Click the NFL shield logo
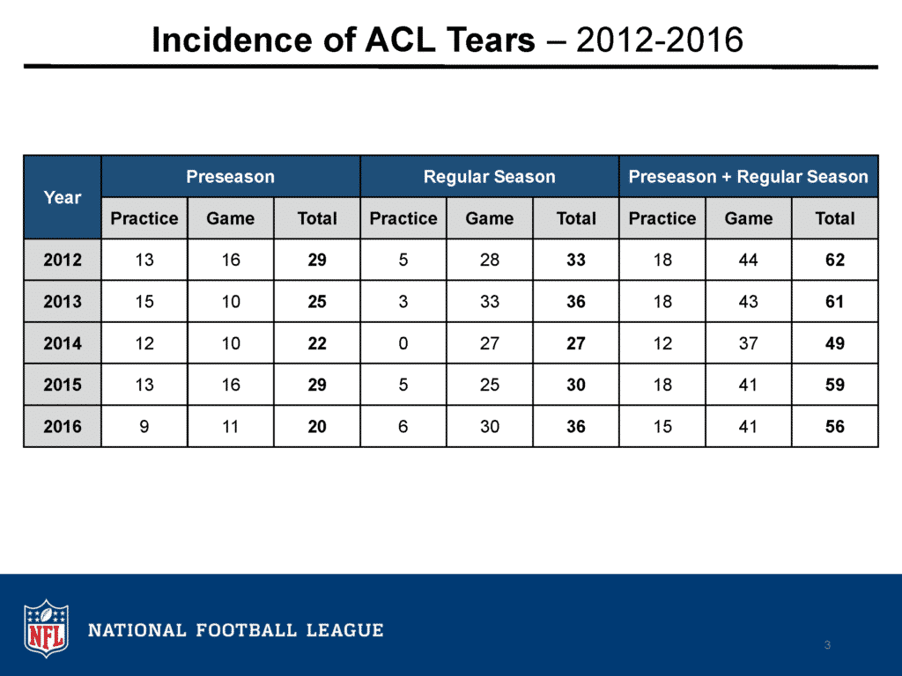46,628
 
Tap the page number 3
827,645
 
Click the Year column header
63,197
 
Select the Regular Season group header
489,177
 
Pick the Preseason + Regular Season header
748,177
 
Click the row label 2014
63,343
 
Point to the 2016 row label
63,426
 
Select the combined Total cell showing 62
834,261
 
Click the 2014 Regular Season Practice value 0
403,343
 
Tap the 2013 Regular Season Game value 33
489,302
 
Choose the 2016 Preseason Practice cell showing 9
144,426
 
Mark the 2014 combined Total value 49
834,343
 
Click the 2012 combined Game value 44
748,261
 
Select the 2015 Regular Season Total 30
575,385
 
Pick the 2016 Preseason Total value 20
317,426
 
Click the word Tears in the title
485,40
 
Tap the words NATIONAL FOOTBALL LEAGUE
236,630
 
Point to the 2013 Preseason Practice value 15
144,302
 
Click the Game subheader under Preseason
230,218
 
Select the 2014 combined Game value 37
748,343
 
